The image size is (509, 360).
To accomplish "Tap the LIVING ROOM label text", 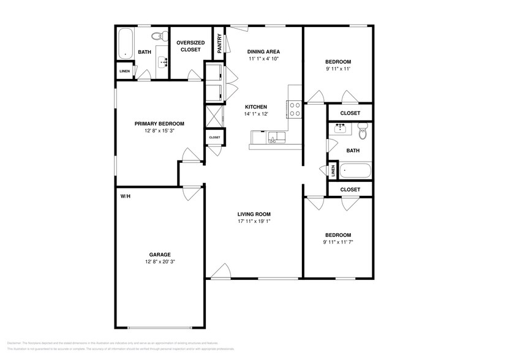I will [254, 214].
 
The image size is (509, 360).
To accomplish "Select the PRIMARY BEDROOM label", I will [159, 123].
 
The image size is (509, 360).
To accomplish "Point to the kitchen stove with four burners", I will [293, 109].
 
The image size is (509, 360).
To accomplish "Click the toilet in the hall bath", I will [363, 130].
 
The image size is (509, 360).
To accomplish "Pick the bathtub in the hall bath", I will [355, 171].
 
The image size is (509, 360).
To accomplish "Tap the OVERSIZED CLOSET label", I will [190, 46].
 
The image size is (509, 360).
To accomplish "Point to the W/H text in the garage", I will [125, 197].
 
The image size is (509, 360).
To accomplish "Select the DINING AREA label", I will [264, 51].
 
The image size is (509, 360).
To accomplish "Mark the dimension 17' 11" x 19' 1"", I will [254, 222].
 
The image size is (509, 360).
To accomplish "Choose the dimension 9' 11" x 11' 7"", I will [338, 242].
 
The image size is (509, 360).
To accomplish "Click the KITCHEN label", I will [256, 107].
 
